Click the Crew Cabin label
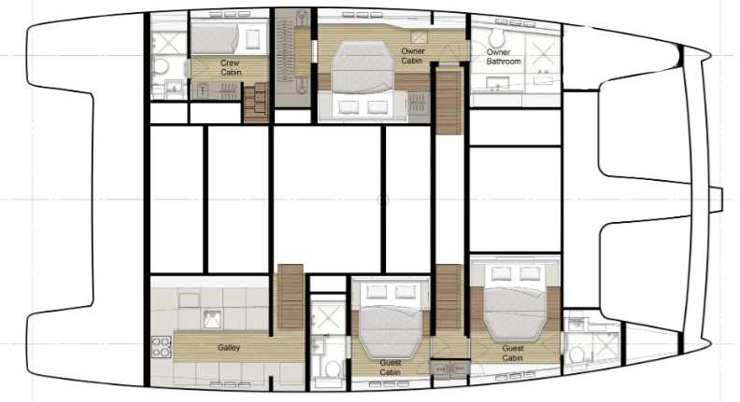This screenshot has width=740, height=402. point(230,67)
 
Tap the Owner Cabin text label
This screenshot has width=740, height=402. point(412,56)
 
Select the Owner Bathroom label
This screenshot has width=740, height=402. point(503,57)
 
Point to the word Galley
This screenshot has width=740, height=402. point(229,347)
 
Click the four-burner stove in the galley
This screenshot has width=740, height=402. point(162,346)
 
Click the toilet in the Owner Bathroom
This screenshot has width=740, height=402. point(495,36)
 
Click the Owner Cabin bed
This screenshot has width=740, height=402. point(363,67)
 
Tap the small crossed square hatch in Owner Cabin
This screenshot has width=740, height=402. point(419,36)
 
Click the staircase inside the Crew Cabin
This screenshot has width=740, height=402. point(256,103)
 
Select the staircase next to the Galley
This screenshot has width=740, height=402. point(291,297)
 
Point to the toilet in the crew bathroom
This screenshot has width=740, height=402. point(161,66)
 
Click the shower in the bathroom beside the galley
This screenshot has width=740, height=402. point(328,316)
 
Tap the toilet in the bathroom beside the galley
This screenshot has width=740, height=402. point(333,368)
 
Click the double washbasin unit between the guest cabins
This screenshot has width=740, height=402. point(449,368)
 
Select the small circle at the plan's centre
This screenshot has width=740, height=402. point(383,200)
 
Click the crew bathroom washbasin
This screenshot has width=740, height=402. point(173,88)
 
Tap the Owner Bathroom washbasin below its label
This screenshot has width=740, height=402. point(495,83)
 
